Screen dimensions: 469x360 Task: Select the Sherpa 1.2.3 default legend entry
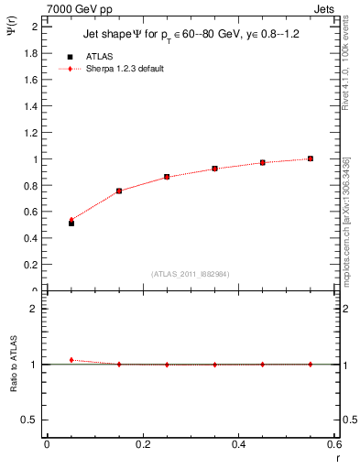point(125,69)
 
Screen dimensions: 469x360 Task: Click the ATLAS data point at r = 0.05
point(71,223)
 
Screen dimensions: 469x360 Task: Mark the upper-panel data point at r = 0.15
point(119,191)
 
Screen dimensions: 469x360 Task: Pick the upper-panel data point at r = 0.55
point(311,158)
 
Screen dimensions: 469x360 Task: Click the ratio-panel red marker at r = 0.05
point(71,360)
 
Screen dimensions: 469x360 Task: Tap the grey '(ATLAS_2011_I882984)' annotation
point(191,273)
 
